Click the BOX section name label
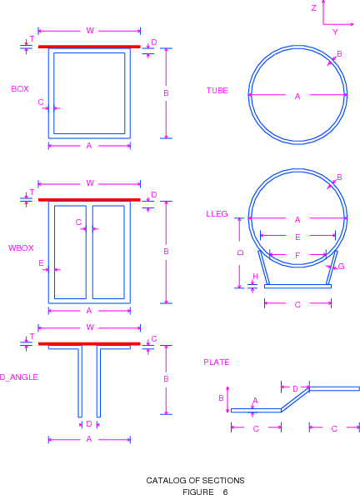pyautogui.click(x=20, y=89)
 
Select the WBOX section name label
pyautogui.click(x=21, y=248)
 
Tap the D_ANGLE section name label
pyautogui.click(x=19, y=377)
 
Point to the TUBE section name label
pyautogui.click(x=217, y=91)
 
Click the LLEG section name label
pyautogui.click(x=217, y=214)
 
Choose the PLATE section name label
pyautogui.click(x=217, y=362)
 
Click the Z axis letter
pyautogui.click(x=314, y=8)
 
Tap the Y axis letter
pyautogui.click(x=335, y=32)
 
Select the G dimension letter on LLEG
pyautogui.click(x=341, y=267)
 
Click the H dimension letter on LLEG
pyautogui.click(x=255, y=277)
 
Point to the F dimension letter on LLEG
pyautogui.click(x=297, y=255)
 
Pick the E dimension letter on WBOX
pyautogui.click(x=41, y=263)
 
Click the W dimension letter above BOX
pyautogui.click(x=90, y=31)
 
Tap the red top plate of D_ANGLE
pyautogui.click(x=89, y=344)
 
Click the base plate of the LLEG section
pyautogui.click(x=297, y=287)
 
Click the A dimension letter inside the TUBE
pyautogui.click(x=297, y=97)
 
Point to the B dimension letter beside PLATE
pyautogui.click(x=221, y=398)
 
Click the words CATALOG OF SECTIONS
pyautogui.click(x=195, y=481)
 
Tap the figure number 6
pyautogui.click(x=225, y=492)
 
